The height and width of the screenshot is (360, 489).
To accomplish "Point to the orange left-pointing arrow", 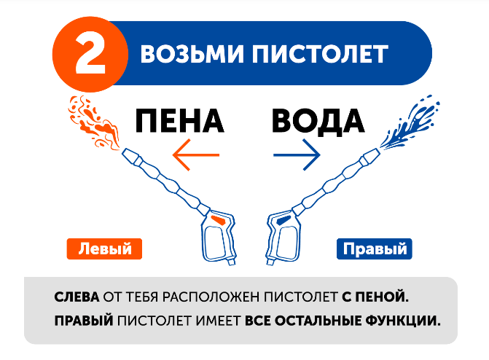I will pyautogui.click(x=195, y=154).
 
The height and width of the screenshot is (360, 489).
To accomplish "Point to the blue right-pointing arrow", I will pyautogui.click(x=297, y=154).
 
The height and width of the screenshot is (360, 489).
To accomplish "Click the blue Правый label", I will pyautogui.click(x=374, y=249).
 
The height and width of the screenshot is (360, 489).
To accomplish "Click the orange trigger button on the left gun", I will pyautogui.click(x=216, y=218).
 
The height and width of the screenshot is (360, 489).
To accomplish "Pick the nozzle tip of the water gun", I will pyautogui.click(x=371, y=154).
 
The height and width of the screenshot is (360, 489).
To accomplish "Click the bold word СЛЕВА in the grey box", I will pyautogui.click(x=77, y=298).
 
